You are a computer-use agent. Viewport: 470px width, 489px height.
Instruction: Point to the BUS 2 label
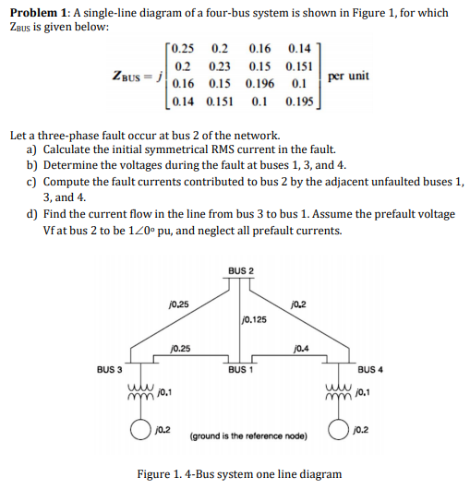point(239,270)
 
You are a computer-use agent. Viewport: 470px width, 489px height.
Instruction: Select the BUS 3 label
point(110,370)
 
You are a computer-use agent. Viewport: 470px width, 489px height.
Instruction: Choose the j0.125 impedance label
point(254,320)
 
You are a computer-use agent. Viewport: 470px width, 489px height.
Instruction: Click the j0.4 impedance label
point(299,349)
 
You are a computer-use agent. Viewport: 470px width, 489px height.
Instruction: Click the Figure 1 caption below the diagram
point(239,473)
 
